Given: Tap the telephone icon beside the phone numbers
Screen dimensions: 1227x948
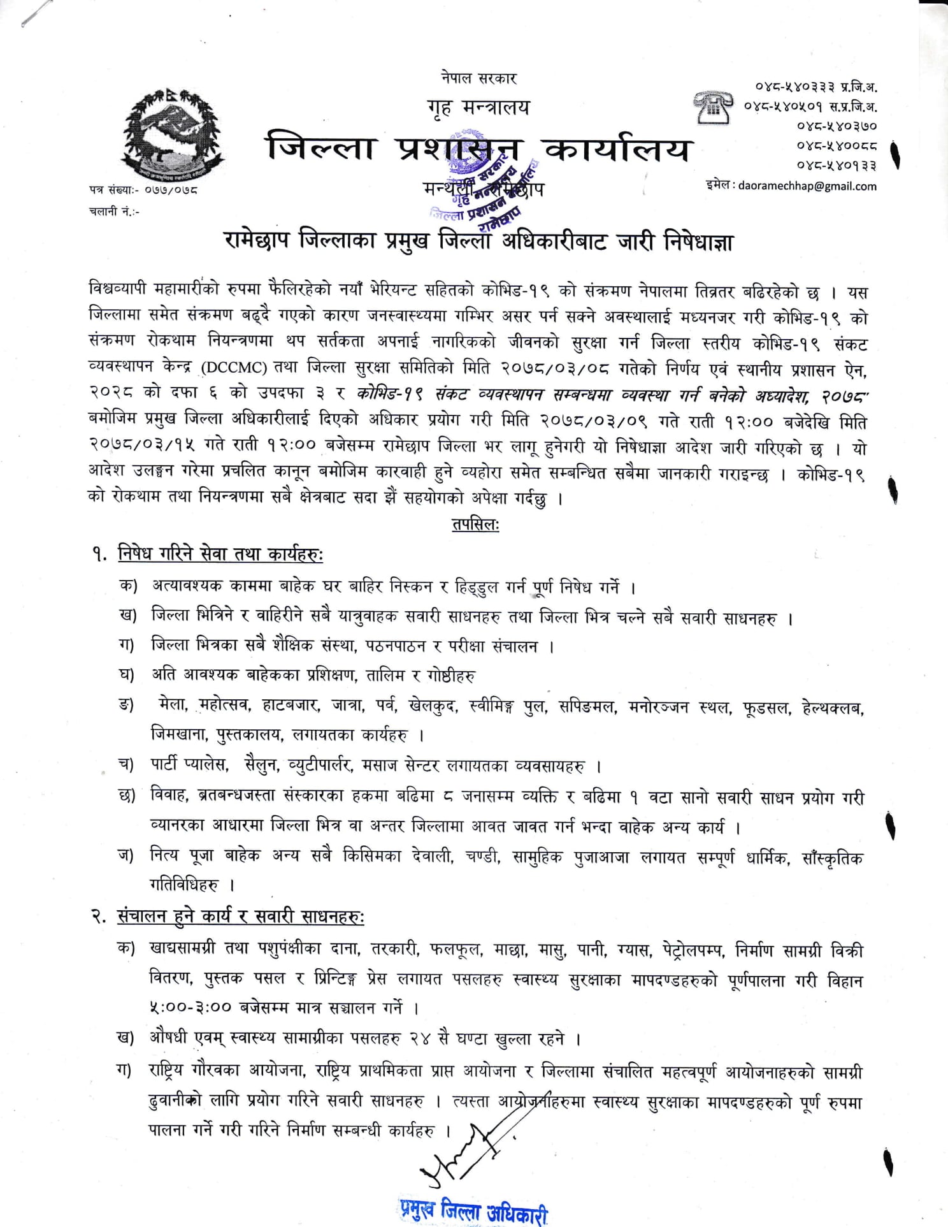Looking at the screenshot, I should (x=712, y=107).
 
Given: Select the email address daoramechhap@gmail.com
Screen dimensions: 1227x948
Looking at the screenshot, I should (x=807, y=186).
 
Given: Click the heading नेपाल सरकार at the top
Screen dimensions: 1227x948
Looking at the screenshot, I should (x=478, y=78).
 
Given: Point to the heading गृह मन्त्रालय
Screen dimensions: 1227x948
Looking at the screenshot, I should (x=478, y=107).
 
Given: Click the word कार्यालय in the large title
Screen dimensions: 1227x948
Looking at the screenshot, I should (x=617, y=149).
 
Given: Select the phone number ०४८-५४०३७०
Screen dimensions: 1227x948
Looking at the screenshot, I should (x=836, y=126).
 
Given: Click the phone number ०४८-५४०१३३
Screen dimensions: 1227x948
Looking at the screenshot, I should (x=836, y=166).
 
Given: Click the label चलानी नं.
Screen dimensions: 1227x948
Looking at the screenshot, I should (x=113, y=212).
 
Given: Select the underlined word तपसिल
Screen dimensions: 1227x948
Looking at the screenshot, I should (x=475, y=525).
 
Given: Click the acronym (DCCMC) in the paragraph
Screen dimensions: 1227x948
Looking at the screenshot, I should (x=234, y=368).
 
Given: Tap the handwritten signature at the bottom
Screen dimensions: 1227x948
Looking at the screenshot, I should (x=465, y=1154).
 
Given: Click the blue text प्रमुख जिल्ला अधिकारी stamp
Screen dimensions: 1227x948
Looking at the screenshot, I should (x=474, y=1209).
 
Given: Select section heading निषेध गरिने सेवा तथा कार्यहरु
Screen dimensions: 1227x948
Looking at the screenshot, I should (x=220, y=554).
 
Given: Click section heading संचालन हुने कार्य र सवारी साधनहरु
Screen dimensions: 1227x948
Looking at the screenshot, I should (x=240, y=916).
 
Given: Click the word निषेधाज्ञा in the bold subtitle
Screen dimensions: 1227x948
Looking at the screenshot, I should (x=698, y=242).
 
